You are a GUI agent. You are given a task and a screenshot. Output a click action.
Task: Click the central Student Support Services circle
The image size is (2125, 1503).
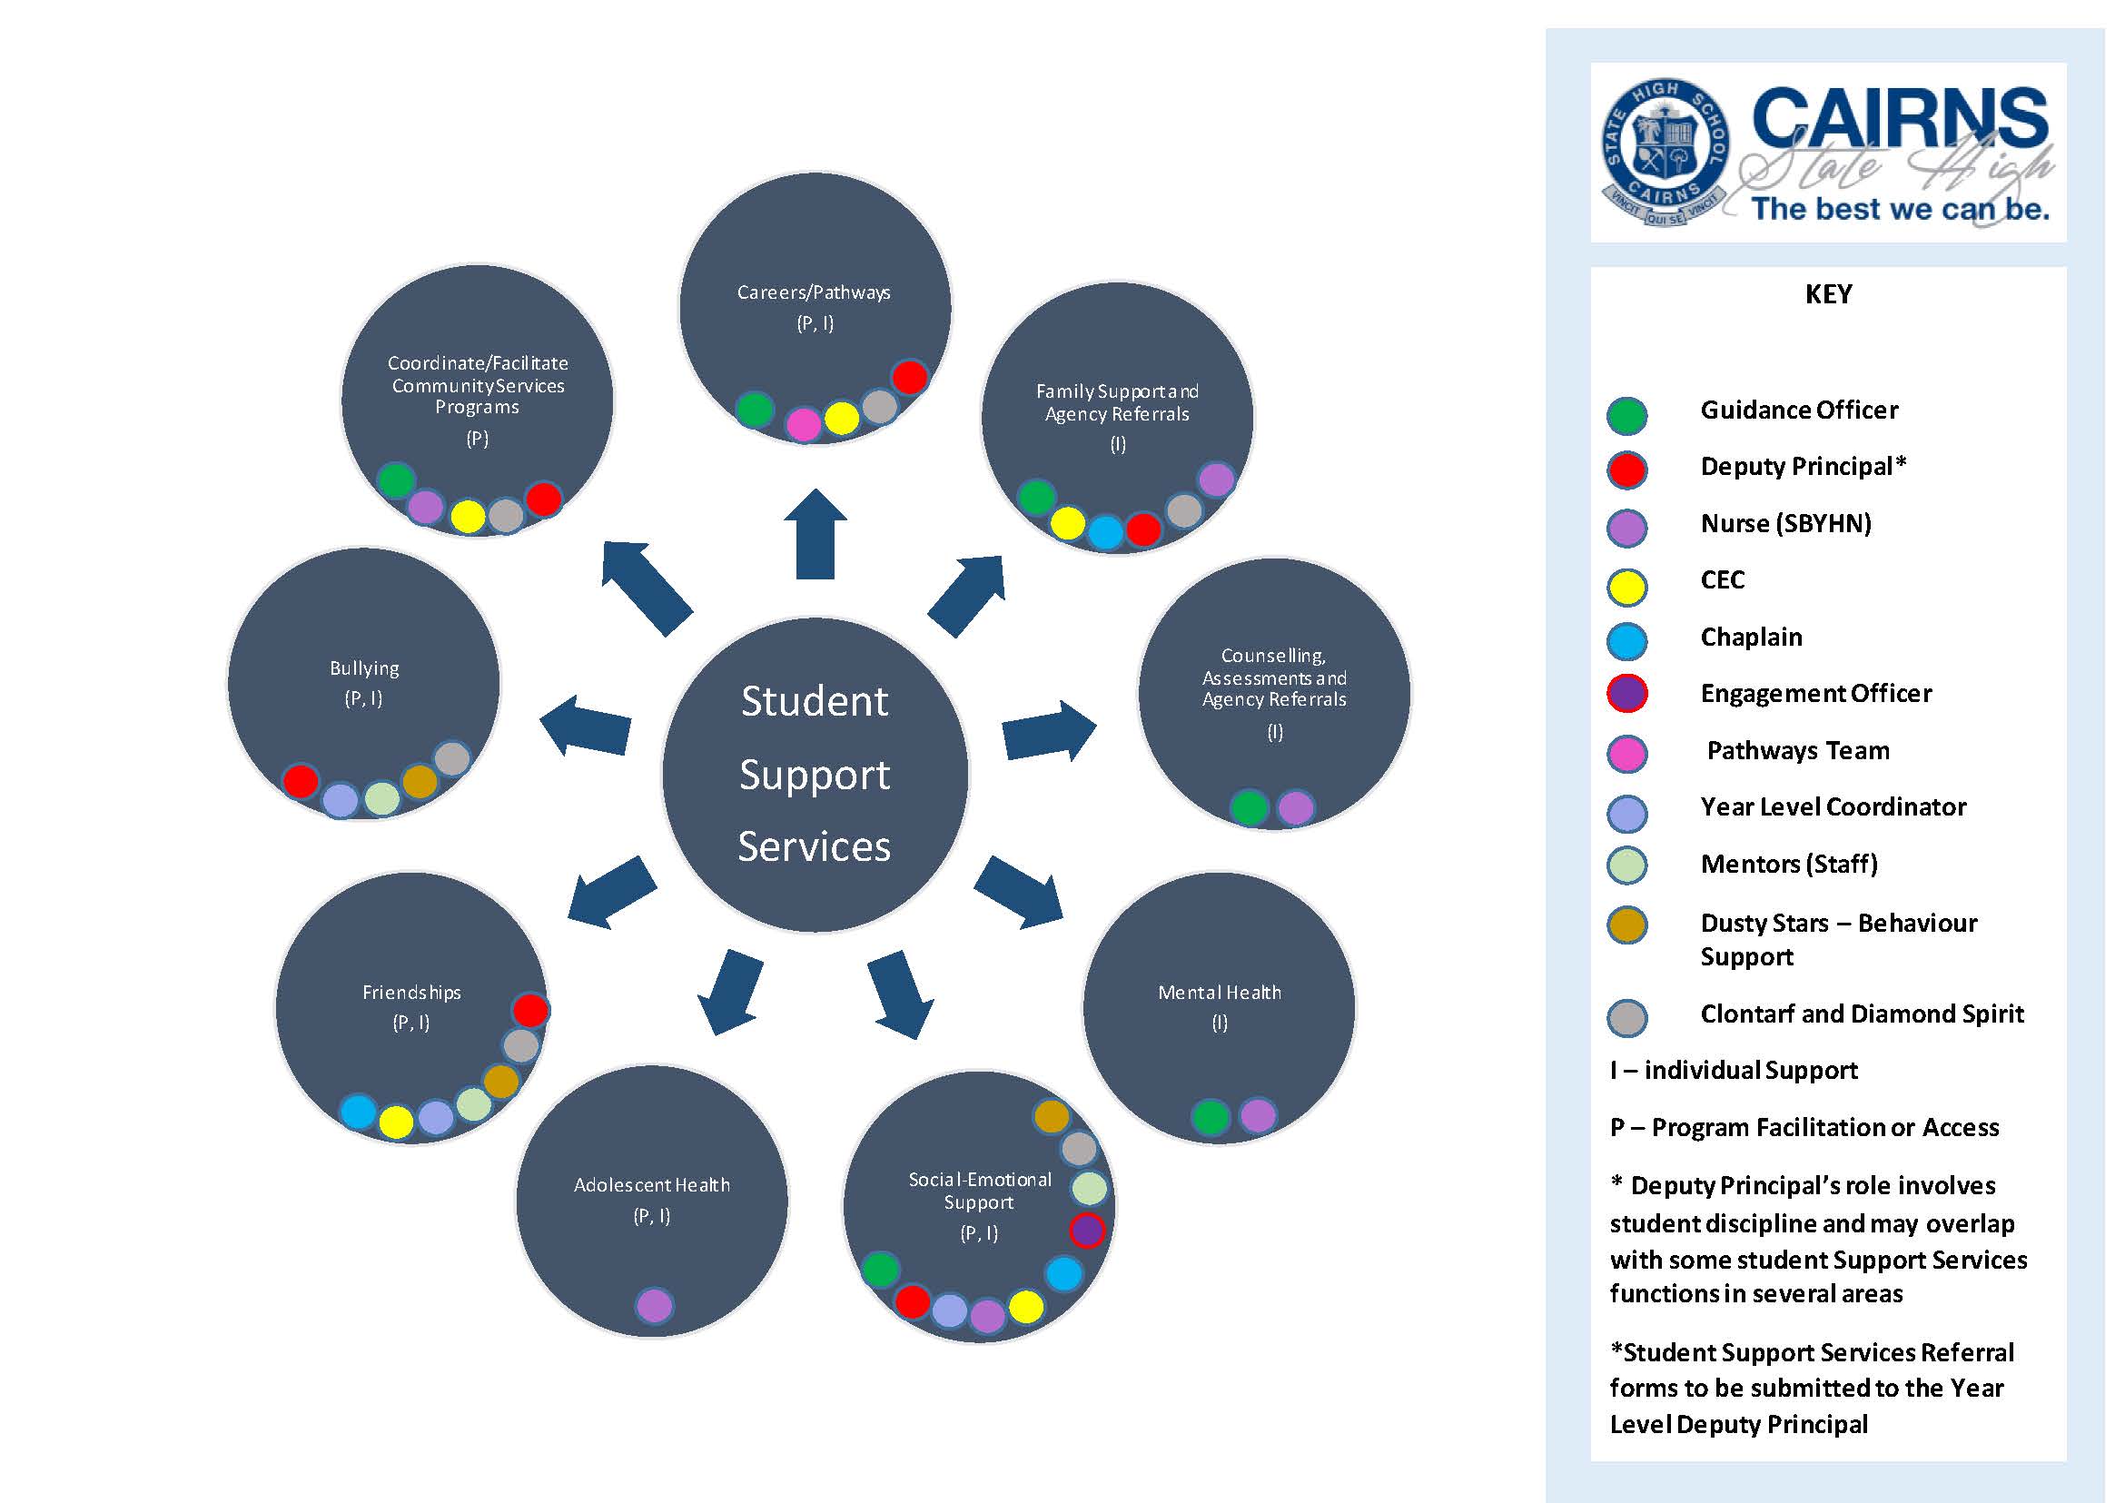(815, 774)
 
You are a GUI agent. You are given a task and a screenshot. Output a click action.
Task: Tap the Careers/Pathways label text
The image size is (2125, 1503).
(814, 292)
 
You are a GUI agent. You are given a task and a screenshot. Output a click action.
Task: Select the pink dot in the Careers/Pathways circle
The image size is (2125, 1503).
(803, 425)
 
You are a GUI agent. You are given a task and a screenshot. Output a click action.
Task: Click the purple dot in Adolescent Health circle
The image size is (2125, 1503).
(655, 1306)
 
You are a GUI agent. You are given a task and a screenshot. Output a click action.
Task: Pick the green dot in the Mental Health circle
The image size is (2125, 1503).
(1211, 1117)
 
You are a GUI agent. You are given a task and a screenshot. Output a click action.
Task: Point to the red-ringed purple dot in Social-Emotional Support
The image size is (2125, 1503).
(1086, 1231)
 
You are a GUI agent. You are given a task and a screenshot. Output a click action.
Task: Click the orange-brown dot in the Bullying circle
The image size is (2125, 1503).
(420, 781)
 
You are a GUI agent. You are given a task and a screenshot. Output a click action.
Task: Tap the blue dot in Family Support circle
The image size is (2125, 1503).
(1105, 532)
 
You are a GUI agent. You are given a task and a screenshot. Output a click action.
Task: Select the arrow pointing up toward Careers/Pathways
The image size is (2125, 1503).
(815, 535)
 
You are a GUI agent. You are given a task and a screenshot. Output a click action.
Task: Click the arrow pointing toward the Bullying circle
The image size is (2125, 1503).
(586, 725)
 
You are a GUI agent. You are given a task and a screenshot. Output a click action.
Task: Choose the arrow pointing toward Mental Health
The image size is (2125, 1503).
(1020, 891)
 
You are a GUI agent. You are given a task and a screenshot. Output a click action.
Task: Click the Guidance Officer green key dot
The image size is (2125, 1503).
(1626, 416)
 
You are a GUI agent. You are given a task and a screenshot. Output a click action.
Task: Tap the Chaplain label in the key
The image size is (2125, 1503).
(1751, 637)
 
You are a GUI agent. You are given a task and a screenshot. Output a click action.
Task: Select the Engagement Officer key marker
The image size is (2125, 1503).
(1626, 693)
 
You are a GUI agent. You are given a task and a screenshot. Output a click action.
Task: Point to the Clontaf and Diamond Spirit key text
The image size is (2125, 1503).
(1862, 1014)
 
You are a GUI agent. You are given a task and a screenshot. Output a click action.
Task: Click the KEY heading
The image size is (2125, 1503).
(1828, 294)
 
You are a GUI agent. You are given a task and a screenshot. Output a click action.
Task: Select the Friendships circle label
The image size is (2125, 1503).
(411, 992)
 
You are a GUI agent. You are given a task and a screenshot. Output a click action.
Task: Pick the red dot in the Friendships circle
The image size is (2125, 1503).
(530, 1010)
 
